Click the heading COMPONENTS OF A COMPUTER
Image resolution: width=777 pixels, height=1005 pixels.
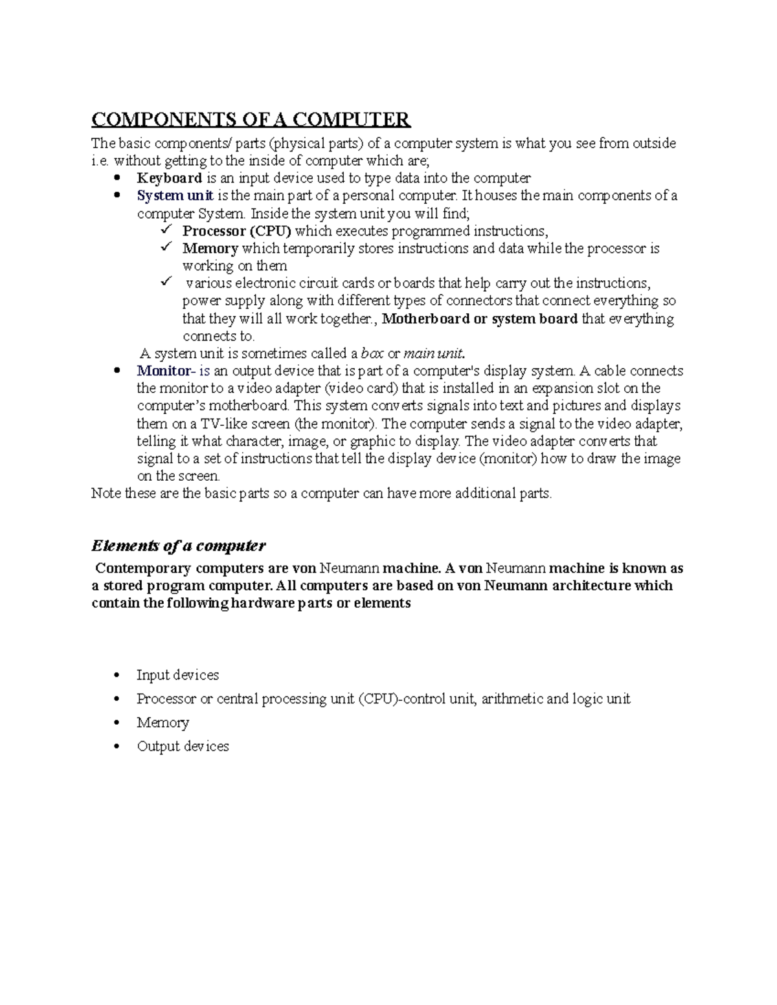pyautogui.click(x=251, y=120)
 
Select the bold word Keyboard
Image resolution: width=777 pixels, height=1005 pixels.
pyautogui.click(x=170, y=178)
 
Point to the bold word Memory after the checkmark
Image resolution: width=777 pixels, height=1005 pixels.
pyautogui.click(x=210, y=248)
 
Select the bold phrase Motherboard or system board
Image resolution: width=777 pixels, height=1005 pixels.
pyautogui.click(x=480, y=318)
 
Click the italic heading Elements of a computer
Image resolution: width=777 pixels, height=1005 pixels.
pyautogui.click(x=178, y=546)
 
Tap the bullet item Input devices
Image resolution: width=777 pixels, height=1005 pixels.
pyautogui.click(x=177, y=675)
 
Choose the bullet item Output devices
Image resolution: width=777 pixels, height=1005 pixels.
pyautogui.click(x=183, y=746)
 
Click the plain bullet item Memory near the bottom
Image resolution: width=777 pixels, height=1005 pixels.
pyautogui.click(x=163, y=722)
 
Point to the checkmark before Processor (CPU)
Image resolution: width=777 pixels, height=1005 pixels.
pyautogui.click(x=165, y=230)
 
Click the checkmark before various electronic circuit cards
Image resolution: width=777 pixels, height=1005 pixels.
pyautogui.click(x=165, y=282)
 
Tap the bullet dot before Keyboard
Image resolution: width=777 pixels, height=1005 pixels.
pyautogui.click(x=117, y=178)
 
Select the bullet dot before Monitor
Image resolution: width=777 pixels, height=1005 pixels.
pyautogui.click(x=117, y=371)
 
